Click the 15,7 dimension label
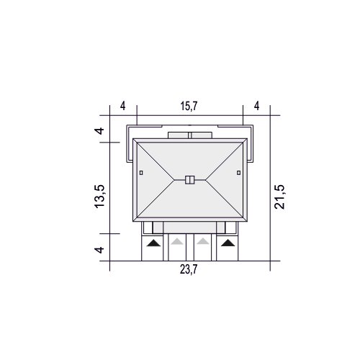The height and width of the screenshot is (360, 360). tap(189, 106)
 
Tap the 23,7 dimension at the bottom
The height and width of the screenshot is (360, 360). tap(189, 269)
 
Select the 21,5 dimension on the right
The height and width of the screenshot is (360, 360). tap(279, 197)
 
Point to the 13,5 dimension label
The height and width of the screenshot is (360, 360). tap(99, 197)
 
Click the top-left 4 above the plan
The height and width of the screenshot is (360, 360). tap(122, 106)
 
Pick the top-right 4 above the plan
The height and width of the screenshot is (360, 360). tap(256, 106)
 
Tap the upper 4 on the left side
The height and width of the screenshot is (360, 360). tap(99, 131)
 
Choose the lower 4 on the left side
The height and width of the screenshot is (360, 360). tap(99, 250)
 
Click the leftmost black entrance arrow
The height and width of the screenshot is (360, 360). tap(153, 243)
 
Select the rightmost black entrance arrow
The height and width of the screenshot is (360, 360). tap(228, 243)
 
